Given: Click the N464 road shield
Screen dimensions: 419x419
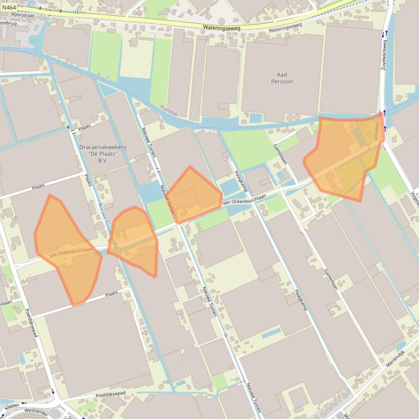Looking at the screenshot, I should [8, 7].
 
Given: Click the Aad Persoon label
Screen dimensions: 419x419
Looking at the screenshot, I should [282, 78].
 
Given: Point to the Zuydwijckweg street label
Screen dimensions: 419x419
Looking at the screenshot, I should [384, 54].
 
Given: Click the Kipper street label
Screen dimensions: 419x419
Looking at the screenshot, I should [11, 406].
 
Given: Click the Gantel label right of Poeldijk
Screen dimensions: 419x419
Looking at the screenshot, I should [205, 126].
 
